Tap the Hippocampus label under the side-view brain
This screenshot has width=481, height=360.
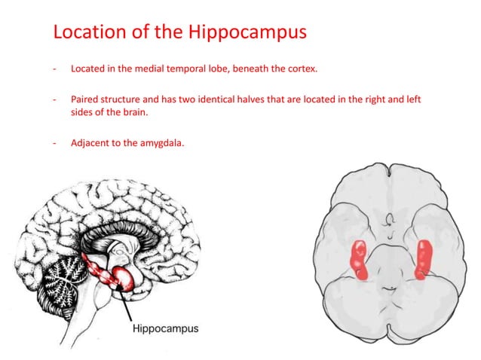[x=165, y=328]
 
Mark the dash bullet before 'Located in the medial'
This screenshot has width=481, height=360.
[x=54, y=69]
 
